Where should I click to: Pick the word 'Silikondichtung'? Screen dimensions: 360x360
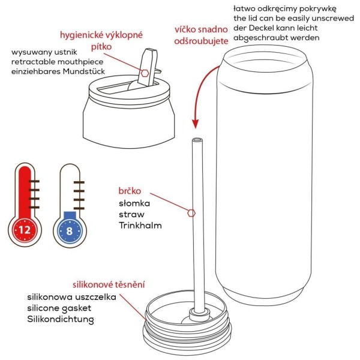click(x=61, y=319)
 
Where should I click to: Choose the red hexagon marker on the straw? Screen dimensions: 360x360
click(x=191, y=212)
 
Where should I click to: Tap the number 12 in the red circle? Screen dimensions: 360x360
click(x=25, y=229)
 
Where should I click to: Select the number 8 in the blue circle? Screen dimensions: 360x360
click(x=69, y=229)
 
